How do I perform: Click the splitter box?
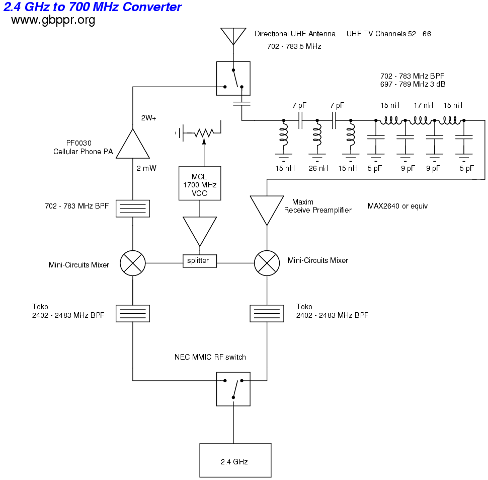(x=199, y=261)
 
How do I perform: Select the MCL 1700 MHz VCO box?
(x=200, y=184)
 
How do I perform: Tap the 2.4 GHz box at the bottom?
(x=235, y=460)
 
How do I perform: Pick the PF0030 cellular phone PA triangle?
(x=133, y=146)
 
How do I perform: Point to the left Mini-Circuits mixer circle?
(x=133, y=262)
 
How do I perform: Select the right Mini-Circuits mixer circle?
(x=267, y=262)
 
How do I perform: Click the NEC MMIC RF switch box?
(x=233, y=389)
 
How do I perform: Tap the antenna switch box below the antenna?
(x=233, y=78)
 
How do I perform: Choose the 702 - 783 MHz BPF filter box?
(x=133, y=209)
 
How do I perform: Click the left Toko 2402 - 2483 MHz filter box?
(x=133, y=313)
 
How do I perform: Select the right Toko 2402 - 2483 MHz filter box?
(x=267, y=313)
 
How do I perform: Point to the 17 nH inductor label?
(x=423, y=106)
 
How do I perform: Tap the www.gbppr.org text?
(x=53, y=20)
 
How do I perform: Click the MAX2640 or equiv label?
(x=397, y=206)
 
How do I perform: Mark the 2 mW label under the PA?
(x=146, y=169)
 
